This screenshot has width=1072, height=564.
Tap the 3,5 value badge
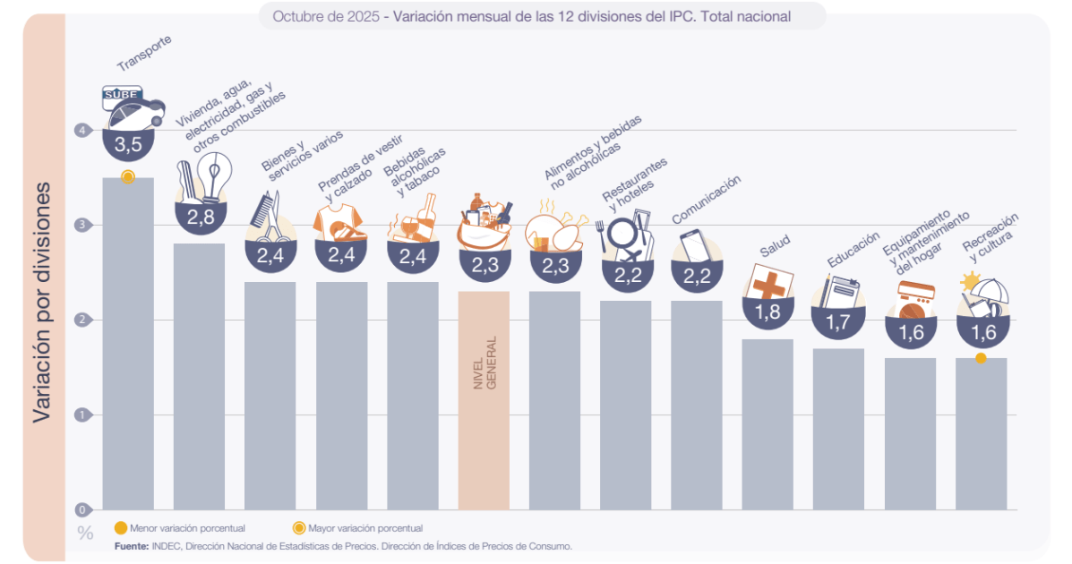pos(128,143)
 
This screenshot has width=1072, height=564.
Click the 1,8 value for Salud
pos(768,312)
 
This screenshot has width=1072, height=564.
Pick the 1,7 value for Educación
pos(838,322)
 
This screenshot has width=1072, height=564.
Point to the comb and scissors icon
pos(269,219)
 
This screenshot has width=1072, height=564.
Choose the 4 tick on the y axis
pos(83,131)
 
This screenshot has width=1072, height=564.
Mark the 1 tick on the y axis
pos(83,415)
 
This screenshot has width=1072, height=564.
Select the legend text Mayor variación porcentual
pos(364,528)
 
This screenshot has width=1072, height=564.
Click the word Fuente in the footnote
pos(131,546)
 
